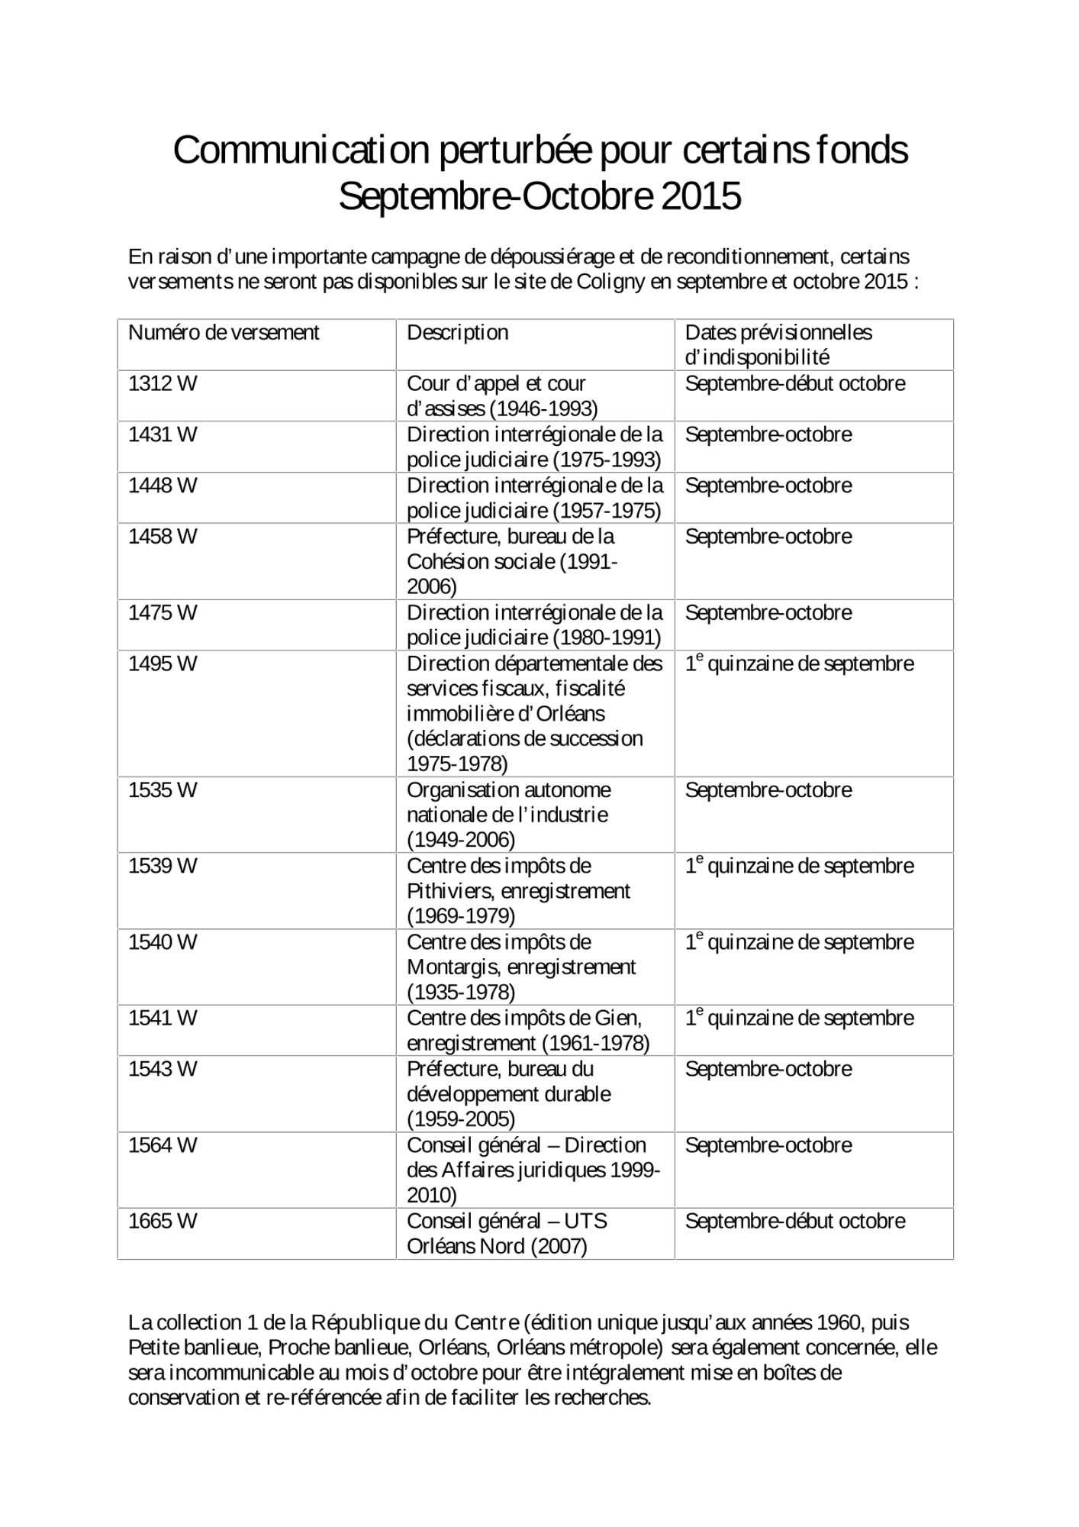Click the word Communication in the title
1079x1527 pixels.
[x=301, y=150]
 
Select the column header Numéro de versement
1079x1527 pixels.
[x=224, y=333]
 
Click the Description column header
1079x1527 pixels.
[x=457, y=333]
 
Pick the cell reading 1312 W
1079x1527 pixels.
[x=163, y=383]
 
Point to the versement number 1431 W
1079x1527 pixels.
[x=163, y=434]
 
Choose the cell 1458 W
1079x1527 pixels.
[x=163, y=537]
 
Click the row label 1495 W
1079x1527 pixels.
[x=163, y=663]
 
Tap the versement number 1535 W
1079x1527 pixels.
[x=163, y=790]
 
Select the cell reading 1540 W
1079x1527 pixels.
[x=163, y=942]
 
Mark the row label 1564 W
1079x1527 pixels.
[x=163, y=1145]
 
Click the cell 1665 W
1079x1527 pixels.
[x=163, y=1221]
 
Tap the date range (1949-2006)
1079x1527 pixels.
[x=461, y=840]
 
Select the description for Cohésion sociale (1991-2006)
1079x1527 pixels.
[x=511, y=562]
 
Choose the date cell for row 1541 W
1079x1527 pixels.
[x=799, y=1019]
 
